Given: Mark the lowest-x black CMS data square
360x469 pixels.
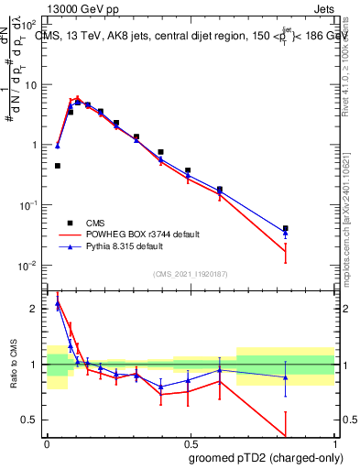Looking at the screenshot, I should [x=58, y=166].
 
